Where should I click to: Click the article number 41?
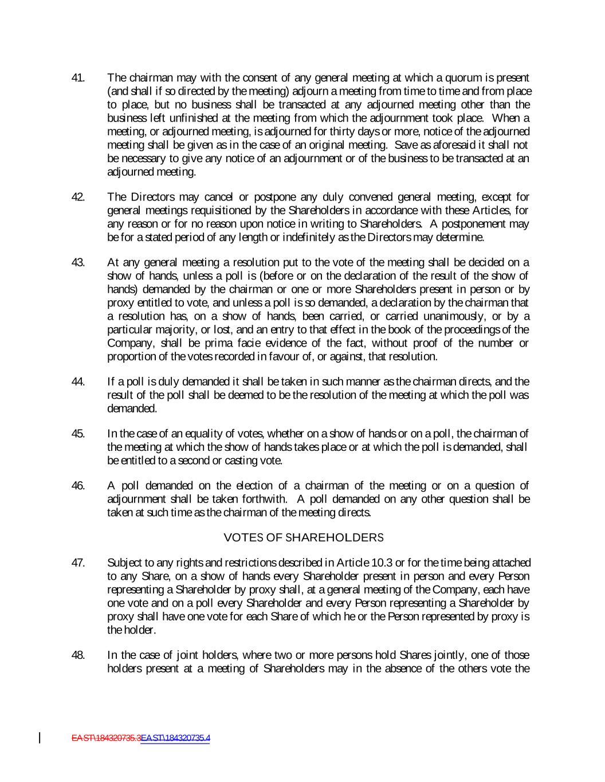click(78, 78)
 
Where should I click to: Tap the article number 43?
click(78, 263)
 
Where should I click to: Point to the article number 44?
click(78, 382)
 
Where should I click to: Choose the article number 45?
click(78, 434)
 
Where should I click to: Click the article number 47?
click(78, 563)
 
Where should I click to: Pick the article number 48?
click(78, 655)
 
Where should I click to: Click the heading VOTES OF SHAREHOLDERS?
click(303, 538)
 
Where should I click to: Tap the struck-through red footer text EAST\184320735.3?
click(106, 738)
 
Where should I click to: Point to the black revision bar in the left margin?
click(40, 737)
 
